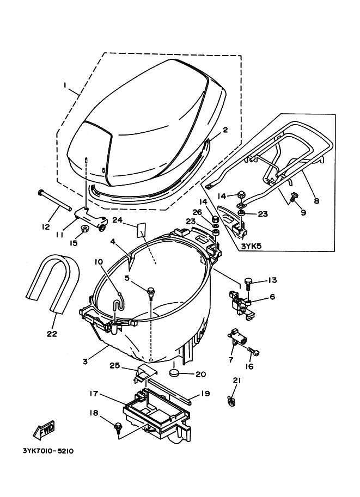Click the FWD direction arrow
click(44, 429)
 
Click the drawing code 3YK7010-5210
click(48, 450)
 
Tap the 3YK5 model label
click(252, 246)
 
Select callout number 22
click(52, 334)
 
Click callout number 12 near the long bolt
click(46, 227)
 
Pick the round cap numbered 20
click(174, 373)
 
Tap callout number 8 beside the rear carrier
click(316, 200)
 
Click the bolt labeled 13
click(248, 284)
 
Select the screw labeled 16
click(253, 351)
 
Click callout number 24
click(117, 219)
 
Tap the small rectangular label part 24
click(141, 230)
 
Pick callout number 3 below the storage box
click(85, 361)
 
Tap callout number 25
click(115, 365)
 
